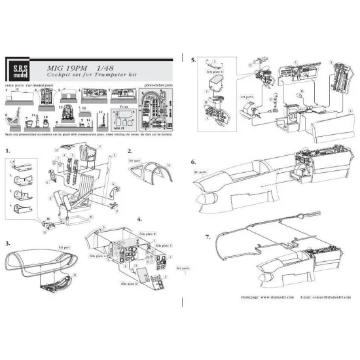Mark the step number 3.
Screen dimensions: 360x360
[8, 242]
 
